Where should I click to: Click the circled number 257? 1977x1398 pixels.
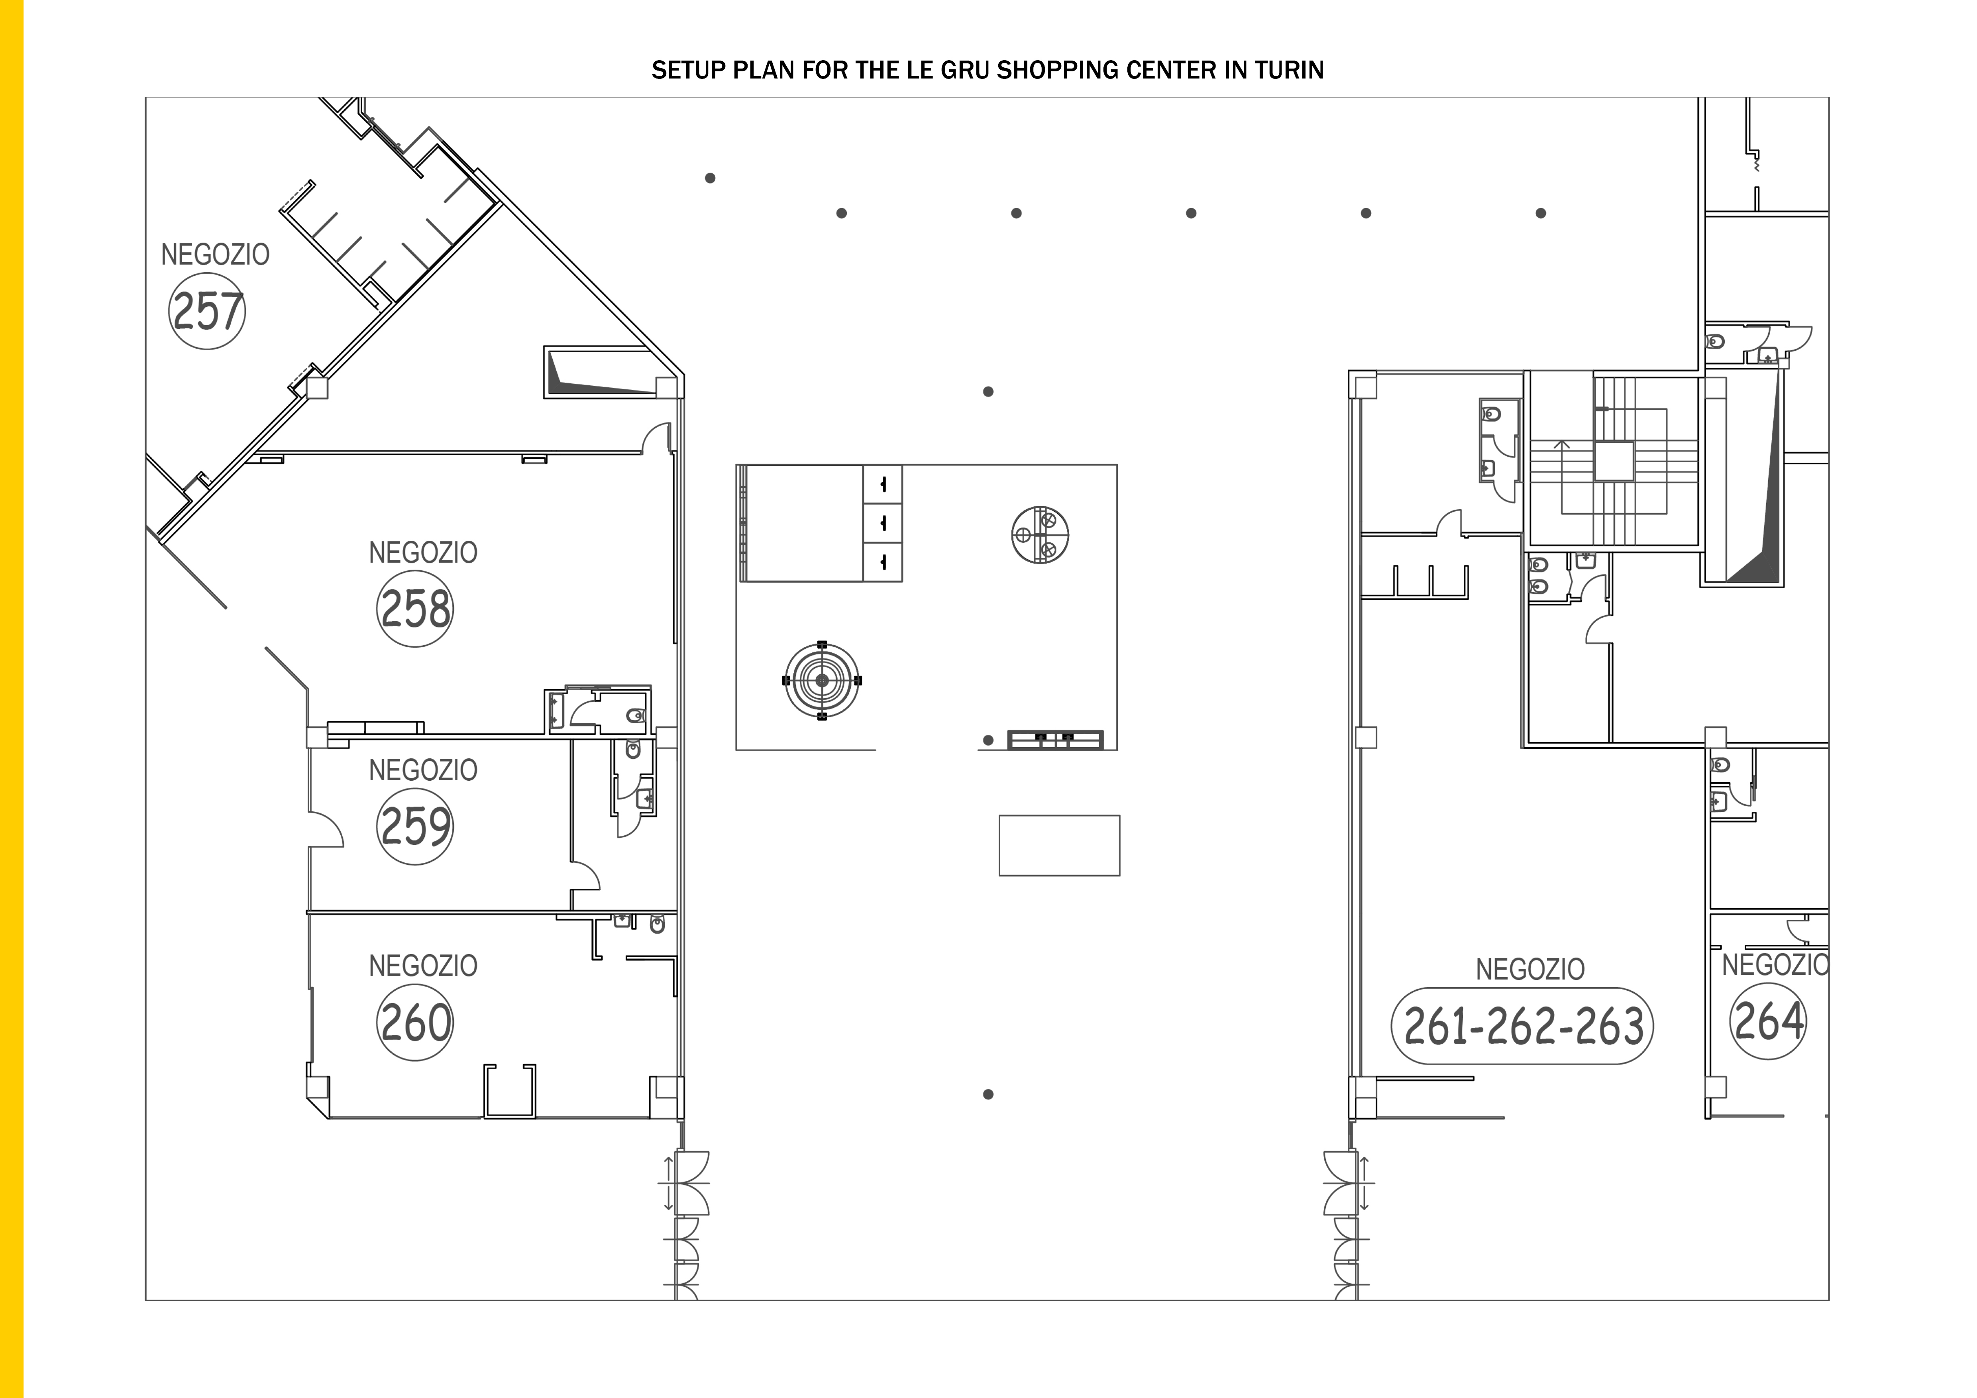(x=207, y=311)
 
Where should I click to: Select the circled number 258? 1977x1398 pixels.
(x=415, y=609)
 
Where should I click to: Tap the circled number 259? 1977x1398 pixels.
(x=415, y=827)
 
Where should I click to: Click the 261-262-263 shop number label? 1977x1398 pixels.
(x=1522, y=1026)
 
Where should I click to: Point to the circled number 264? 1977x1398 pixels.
(x=1768, y=1021)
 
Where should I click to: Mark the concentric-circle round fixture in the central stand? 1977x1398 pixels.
(x=821, y=680)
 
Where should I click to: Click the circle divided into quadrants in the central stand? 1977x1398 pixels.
(x=1040, y=534)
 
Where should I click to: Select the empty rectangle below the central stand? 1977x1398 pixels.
(x=1059, y=845)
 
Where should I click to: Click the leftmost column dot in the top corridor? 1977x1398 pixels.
(x=711, y=178)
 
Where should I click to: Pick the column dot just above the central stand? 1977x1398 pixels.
(x=988, y=392)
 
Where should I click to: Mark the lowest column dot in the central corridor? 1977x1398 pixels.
(x=988, y=1094)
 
